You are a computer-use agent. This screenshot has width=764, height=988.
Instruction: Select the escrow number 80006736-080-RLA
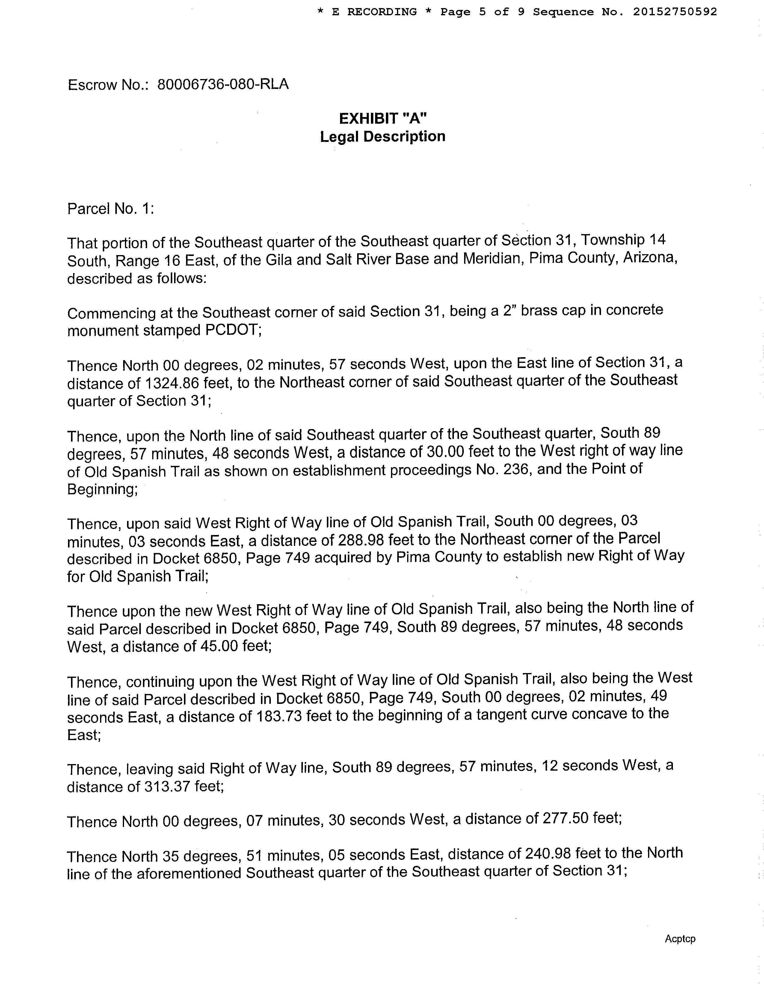tap(223, 85)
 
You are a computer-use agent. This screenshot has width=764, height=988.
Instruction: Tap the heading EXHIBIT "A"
tap(383, 119)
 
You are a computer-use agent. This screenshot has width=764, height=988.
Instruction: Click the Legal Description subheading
tap(383, 137)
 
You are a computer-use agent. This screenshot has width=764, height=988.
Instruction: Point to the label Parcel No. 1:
tap(111, 209)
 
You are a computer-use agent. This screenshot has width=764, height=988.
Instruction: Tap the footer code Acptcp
tap(680, 939)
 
